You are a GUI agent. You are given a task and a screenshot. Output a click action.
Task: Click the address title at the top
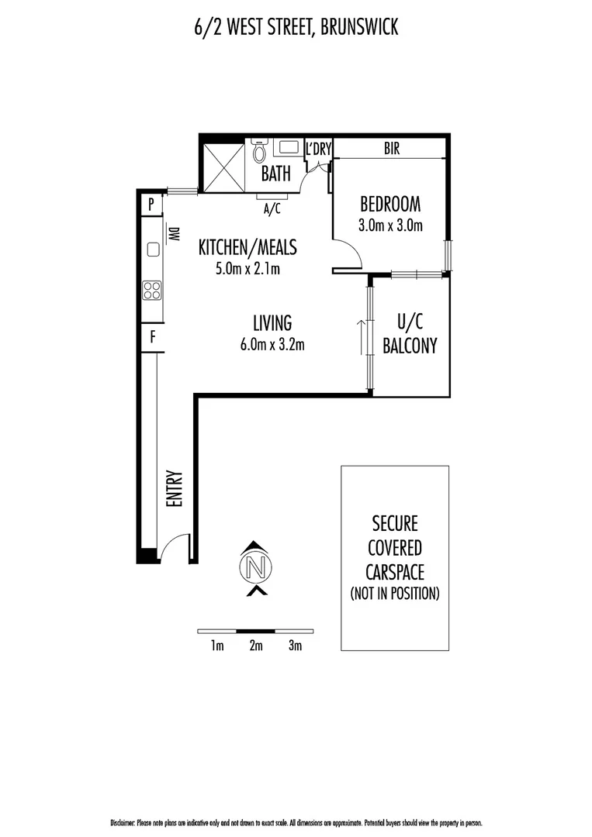tap(296, 28)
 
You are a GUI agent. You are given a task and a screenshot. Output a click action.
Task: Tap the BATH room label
tap(275, 173)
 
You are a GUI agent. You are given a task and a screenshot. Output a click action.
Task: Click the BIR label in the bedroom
tap(392, 149)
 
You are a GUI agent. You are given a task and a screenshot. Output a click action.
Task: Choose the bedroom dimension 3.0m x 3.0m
tap(390, 226)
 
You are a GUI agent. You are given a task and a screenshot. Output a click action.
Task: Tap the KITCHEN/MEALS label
tap(248, 247)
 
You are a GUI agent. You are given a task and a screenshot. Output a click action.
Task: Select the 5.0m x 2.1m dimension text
tap(248, 269)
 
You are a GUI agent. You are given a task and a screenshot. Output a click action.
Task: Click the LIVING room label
tap(272, 322)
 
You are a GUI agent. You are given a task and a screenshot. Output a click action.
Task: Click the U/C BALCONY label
tap(410, 334)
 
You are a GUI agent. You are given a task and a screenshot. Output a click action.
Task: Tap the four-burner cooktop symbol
tap(152, 291)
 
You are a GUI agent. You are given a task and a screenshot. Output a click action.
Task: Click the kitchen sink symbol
tap(153, 250)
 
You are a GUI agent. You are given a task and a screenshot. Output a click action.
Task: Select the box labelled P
tap(152, 205)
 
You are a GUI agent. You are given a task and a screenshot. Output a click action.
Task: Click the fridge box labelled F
tap(152, 337)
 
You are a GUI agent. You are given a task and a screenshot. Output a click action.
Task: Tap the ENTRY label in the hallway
tap(174, 489)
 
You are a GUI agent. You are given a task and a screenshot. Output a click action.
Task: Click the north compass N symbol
tap(258, 567)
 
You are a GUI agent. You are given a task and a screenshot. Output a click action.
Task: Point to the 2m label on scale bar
tap(256, 646)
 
